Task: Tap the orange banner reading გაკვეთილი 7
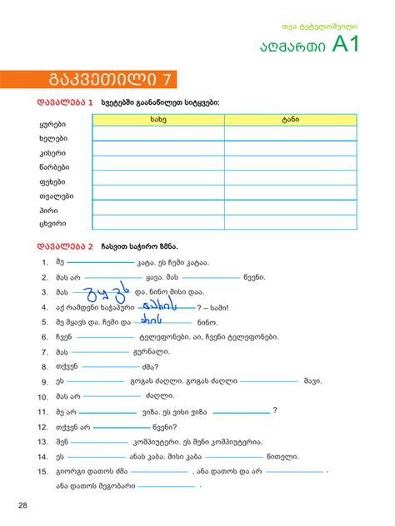(109, 79)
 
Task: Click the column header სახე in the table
(158, 120)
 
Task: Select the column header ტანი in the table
(290, 120)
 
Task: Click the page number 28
(22, 504)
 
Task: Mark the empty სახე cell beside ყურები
(158, 133)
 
